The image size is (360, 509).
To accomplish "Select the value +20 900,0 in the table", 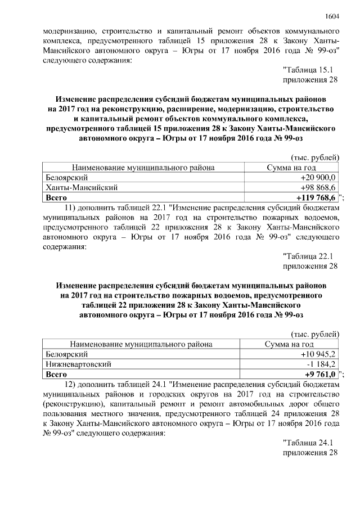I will coord(318,177).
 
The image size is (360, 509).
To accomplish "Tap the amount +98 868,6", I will coord(318,187).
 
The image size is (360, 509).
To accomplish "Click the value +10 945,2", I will coord(318,354).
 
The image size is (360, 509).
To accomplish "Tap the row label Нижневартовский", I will coord(74,364).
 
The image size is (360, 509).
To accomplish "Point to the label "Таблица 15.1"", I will coord(308,70).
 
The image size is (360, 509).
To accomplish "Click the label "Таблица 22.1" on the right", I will coord(308,256).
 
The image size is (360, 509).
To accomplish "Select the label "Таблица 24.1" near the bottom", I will coord(308,443).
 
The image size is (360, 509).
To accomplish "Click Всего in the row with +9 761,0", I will coord(56,374).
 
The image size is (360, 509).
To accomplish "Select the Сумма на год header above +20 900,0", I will coord(291,167).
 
